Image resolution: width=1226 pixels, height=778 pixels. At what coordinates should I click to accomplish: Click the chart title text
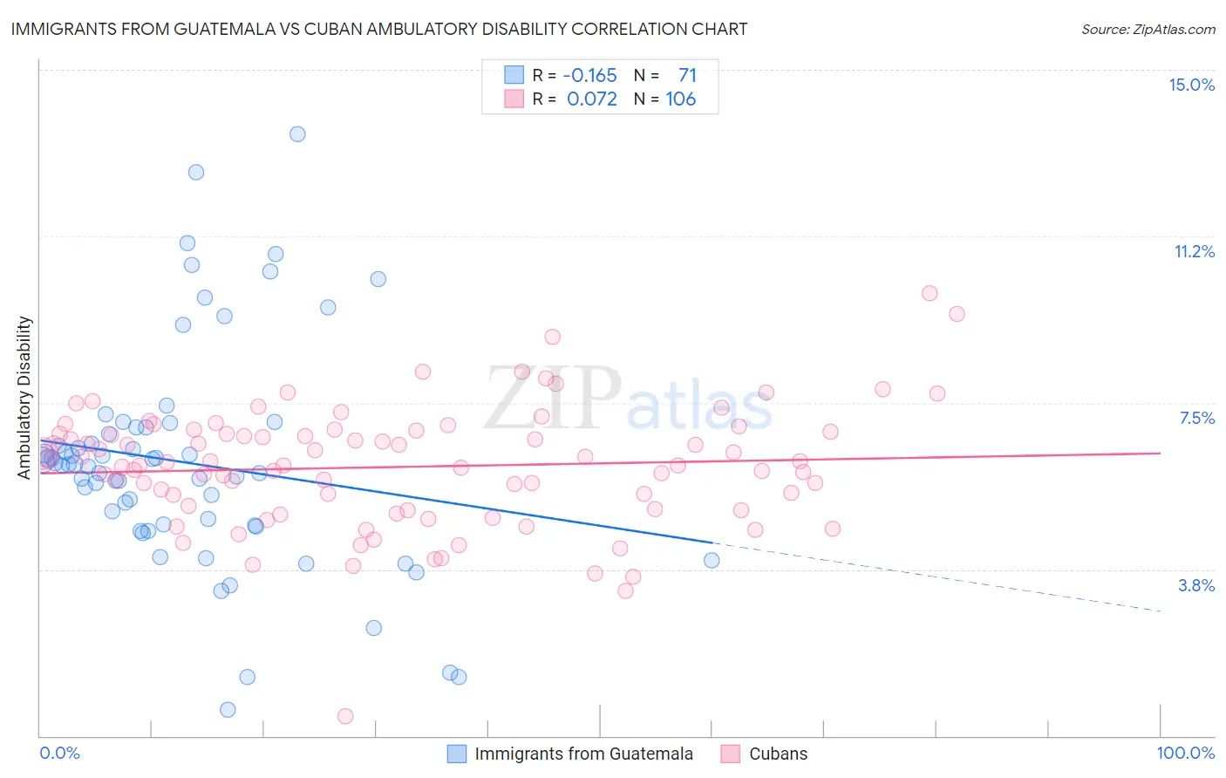tap(378, 29)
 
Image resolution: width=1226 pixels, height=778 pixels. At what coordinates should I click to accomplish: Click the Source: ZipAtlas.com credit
tap(1148, 30)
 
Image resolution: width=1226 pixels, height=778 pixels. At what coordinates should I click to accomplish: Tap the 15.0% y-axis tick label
tap(1191, 85)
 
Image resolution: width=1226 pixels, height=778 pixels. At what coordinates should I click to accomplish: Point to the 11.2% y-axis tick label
tap(1194, 251)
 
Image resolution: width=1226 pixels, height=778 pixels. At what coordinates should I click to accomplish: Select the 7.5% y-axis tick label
tap(1196, 418)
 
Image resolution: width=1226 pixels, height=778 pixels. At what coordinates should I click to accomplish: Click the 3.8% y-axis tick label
tap(1196, 585)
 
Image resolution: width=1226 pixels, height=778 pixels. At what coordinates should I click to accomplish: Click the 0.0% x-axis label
tap(59, 753)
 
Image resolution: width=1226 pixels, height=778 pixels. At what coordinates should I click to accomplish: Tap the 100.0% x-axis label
tap(1185, 753)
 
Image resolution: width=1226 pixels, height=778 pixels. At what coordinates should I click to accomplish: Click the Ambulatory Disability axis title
tap(24, 397)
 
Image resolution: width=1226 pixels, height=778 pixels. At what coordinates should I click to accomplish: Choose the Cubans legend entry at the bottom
tap(778, 754)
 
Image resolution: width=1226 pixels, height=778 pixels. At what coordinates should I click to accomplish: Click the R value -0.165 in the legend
tap(589, 75)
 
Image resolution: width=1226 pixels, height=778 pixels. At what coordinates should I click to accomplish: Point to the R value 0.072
tap(591, 99)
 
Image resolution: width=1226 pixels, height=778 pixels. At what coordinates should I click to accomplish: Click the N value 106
tap(680, 99)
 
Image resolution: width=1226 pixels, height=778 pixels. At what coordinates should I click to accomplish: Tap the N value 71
tap(687, 75)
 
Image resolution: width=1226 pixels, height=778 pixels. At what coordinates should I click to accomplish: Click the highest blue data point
tap(297, 134)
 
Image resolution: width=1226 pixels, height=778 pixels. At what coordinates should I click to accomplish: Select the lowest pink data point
tap(345, 716)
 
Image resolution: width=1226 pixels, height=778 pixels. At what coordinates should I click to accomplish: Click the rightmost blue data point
tap(712, 560)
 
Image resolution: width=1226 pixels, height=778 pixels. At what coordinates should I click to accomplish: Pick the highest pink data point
tap(930, 293)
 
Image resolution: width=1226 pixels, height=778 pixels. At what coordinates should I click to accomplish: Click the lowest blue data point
tap(228, 709)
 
